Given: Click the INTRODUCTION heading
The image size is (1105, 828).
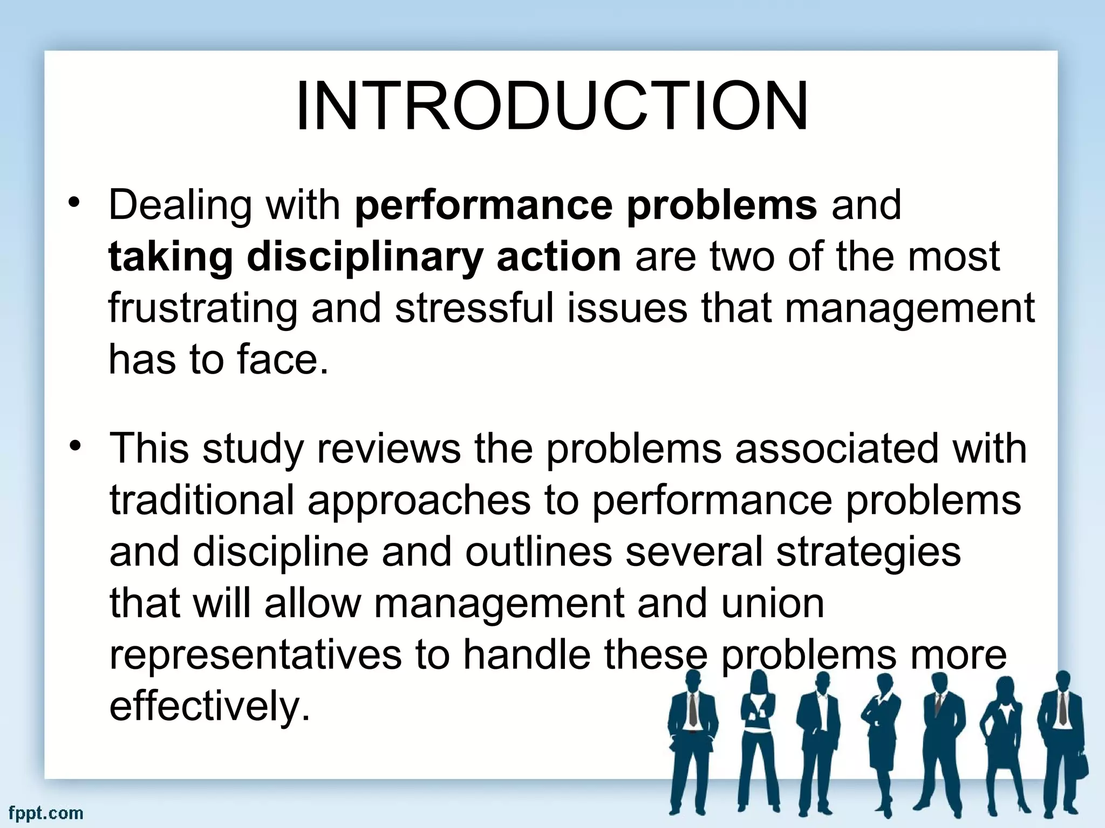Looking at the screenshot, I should coord(552,107).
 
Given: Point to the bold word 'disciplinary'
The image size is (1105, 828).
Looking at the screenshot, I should coord(364,257).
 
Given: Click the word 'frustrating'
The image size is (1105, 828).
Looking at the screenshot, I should coord(203,308).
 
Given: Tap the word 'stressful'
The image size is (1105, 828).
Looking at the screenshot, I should coord(474,308).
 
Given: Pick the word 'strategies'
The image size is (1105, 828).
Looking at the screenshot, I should coord(869,551).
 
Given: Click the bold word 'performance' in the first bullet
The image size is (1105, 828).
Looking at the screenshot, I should coord(483,205).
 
